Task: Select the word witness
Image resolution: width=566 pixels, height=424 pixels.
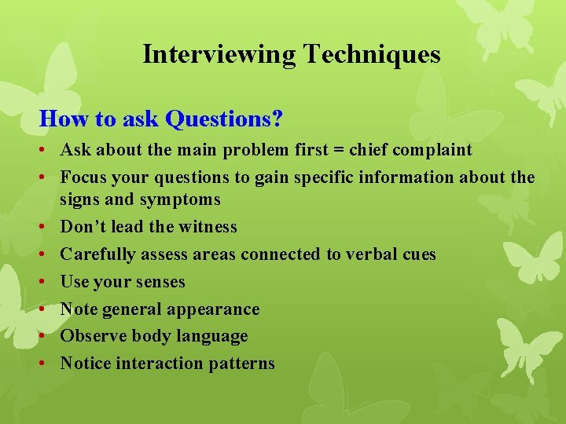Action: pos(207,227)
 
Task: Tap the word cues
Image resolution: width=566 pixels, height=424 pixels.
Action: pos(418,254)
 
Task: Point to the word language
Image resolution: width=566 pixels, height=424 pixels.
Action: pos(211,336)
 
